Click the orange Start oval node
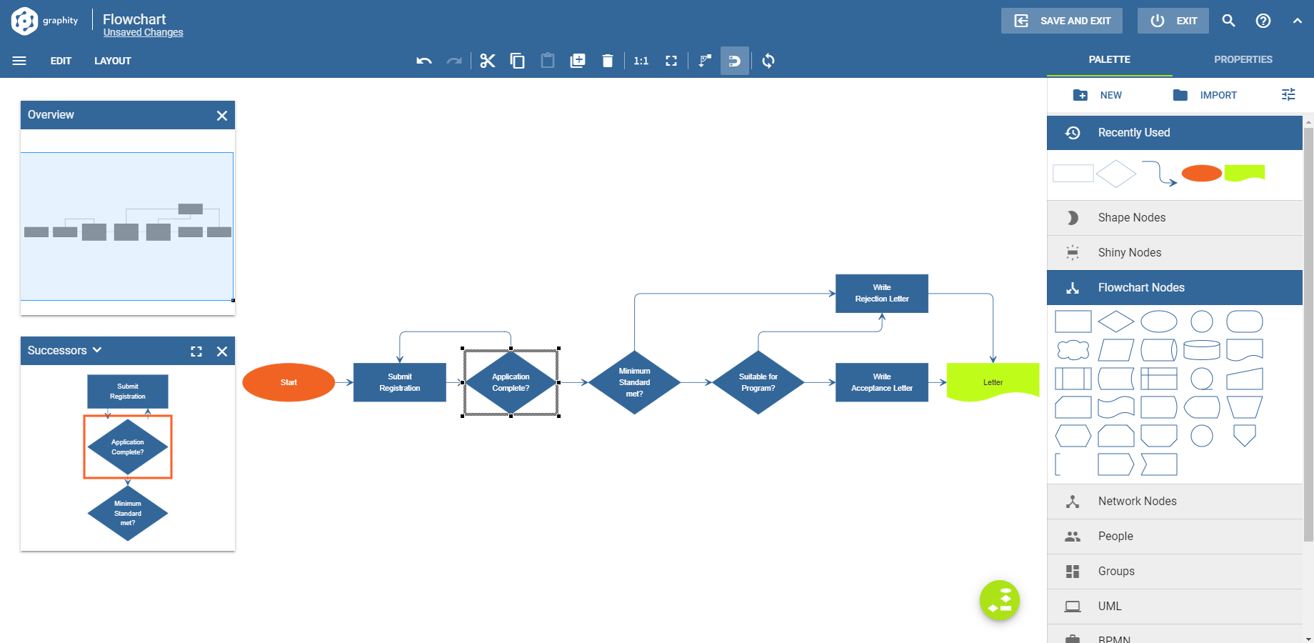[289, 382]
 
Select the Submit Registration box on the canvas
[399, 382]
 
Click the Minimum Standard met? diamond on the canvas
[634, 382]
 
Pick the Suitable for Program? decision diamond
[758, 382]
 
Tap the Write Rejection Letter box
[881, 293]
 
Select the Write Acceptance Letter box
[881, 382]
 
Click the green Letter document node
[992, 382]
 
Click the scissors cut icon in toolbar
[488, 61]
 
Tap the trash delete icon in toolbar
[608, 61]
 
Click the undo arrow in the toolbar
[424, 61]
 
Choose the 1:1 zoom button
[641, 61]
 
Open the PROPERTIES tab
[1243, 59]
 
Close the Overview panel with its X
[222, 116]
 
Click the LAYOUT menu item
[113, 61]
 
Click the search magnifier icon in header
[1228, 21]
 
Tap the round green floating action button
[999, 600]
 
